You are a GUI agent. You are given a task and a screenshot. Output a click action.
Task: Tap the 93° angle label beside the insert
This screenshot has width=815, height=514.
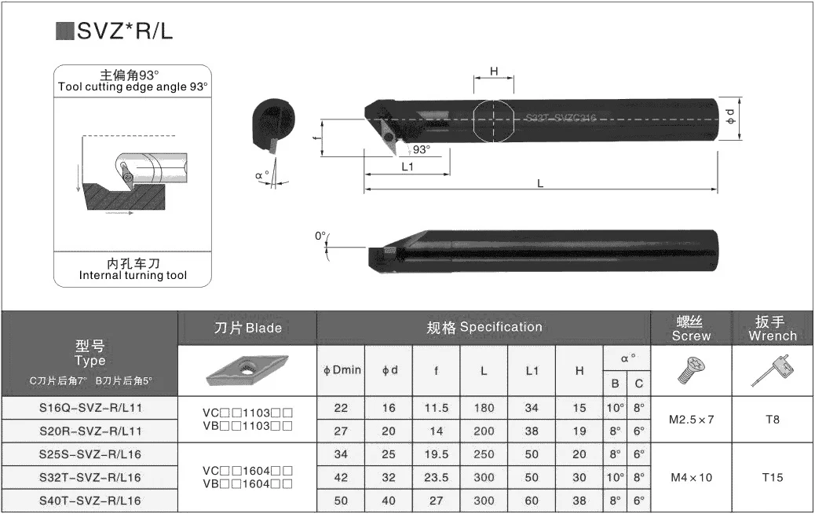pyautogui.click(x=422, y=149)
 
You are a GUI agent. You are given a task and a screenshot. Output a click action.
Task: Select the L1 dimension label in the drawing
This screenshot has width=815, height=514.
pyautogui.click(x=407, y=167)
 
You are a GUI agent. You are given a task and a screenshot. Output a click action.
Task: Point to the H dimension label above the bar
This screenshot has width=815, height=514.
pyautogui.click(x=494, y=72)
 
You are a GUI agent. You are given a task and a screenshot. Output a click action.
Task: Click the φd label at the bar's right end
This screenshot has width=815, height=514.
pyautogui.click(x=730, y=118)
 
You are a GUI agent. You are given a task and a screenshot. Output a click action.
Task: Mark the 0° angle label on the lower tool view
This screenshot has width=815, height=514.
pyautogui.click(x=320, y=236)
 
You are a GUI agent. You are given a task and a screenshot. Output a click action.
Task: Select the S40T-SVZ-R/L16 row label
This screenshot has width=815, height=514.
pyautogui.click(x=90, y=501)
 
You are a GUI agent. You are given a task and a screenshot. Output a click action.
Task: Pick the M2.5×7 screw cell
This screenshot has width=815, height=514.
pyautogui.click(x=691, y=419)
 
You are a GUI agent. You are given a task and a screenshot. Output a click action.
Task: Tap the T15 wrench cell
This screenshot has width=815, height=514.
pyautogui.click(x=773, y=477)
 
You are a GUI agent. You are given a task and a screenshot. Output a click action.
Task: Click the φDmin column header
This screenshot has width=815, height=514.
pyautogui.click(x=342, y=370)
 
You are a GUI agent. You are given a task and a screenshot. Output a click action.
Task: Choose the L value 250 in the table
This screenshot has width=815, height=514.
pyautogui.click(x=484, y=454)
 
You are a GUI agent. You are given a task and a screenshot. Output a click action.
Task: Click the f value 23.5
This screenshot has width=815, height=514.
pyautogui.click(x=436, y=477)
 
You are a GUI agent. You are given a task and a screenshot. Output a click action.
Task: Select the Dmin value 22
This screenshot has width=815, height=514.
pyautogui.click(x=342, y=408)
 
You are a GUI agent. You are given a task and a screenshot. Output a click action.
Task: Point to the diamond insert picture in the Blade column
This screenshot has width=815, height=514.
pyautogui.click(x=247, y=370)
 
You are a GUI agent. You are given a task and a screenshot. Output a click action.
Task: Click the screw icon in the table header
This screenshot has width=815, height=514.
pyautogui.click(x=691, y=370)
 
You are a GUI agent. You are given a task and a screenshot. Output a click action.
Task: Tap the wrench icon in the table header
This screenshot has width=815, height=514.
pyautogui.click(x=771, y=370)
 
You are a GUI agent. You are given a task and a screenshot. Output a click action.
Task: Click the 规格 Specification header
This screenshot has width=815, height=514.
pyautogui.click(x=484, y=327)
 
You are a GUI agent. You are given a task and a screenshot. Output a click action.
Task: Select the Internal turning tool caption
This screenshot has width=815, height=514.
pyautogui.click(x=133, y=275)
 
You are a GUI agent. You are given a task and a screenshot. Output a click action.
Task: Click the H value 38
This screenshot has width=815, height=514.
pyautogui.click(x=579, y=501)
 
